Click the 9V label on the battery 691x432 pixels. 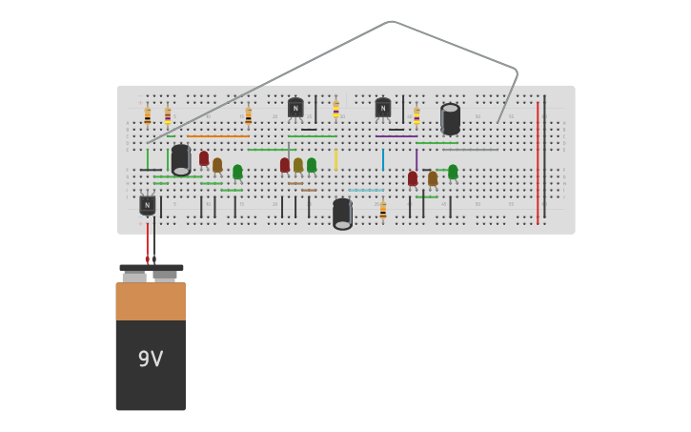pyautogui.click(x=151, y=360)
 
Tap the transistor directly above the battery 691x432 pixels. pyautogui.click(x=147, y=204)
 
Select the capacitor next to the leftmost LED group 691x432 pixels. pyautogui.click(x=181, y=159)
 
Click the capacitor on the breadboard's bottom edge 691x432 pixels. pyautogui.click(x=342, y=214)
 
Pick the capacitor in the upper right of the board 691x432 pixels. pyautogui.click(x=451, y=119)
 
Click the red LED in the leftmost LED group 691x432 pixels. pyautogui.click(x=204, y=159)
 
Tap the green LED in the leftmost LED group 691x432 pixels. pyautogui.click(x=237, y=172)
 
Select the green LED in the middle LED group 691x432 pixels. pyautogui.click(x=312, y=165)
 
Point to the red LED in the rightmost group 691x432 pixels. pyautogui.click(x=413, y=178)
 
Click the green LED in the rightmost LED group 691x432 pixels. pyautogui.click(x=453, y=172)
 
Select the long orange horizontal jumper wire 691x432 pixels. pyautogui.click(x=218, y=136)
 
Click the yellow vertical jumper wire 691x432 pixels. pyautogui.click(x=335, y=159)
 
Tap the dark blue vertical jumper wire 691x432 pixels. pyautogui.click(x=383, y=159)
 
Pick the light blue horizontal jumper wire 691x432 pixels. pyautogui.click(x=366, y=190)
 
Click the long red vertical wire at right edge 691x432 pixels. pyautogui.click(x=538, y=162)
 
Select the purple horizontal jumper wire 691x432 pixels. pyautogui.click(x=396, y=136)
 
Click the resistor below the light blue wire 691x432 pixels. pyautogui.click(x=383, y=211)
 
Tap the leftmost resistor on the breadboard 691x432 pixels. pyautogui.click(x=148, y=115)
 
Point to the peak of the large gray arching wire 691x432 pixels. pyautogui.click(x=391, y=21)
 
